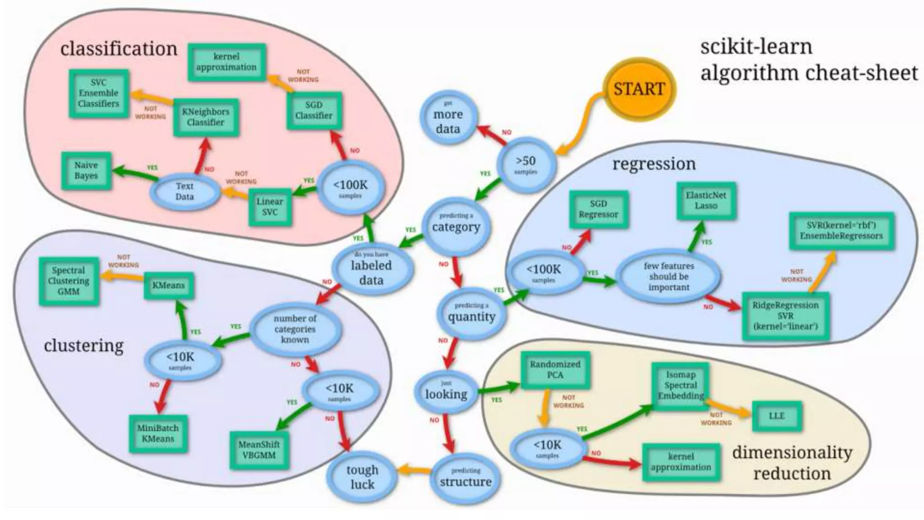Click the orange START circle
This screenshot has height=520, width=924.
click(639, 89)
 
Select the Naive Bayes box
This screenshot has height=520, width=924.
click(86, 171)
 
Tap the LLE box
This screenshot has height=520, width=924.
click(776, 416)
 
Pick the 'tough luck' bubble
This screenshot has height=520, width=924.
click(362, 477)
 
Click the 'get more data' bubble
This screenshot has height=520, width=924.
click(448, 118)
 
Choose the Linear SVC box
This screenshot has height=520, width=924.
click(270, 207)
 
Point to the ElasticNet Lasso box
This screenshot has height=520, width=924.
click(706, 200)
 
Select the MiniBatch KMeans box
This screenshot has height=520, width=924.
click(158, 433)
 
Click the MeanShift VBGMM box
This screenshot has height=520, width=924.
click(259, 450)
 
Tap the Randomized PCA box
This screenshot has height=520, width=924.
click(555, 369)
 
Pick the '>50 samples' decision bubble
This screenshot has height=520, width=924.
click(526, 165)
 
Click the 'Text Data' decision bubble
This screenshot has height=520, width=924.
click(185, 191)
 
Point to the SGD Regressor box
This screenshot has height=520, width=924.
click(598, 209)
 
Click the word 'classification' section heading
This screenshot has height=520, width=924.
click(119, 49)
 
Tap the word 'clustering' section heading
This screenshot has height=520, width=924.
click(83, 346)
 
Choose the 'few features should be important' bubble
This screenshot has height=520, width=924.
click(669, 276)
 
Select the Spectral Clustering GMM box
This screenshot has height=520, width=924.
click(68, 281)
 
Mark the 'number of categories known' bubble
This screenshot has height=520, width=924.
click(295, 329)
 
